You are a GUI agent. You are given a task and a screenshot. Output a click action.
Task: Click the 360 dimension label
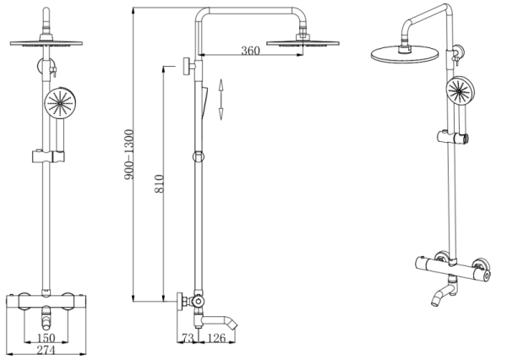(x=250, y=51)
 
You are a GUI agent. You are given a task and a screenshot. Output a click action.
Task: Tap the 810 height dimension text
(x=160, y=183)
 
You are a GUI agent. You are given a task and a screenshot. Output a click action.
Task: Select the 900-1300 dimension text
(x=128, y=155)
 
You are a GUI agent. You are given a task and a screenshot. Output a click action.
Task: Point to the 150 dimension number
(x=46, y=338)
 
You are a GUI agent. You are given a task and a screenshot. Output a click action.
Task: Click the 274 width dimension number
(x=46, y=350)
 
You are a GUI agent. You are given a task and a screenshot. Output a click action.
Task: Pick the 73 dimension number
(x=188, y=338)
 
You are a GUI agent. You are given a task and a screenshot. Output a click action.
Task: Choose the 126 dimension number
(x=216, y=338)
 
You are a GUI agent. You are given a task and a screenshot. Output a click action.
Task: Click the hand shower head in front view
(x=60, y=103)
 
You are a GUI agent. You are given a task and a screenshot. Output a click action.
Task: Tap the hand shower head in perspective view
(x=461, y=91)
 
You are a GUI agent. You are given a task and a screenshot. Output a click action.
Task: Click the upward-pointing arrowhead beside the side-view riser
(x=221, y=85)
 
